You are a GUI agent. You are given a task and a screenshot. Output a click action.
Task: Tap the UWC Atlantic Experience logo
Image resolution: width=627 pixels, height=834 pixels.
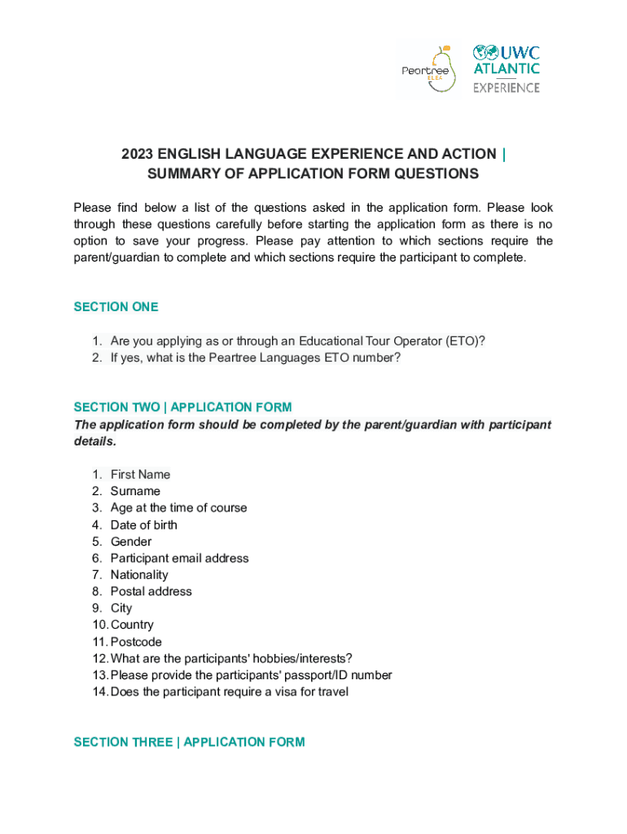coord(506,69)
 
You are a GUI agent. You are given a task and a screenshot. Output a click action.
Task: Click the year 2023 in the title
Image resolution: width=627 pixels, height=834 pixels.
coord(138,154)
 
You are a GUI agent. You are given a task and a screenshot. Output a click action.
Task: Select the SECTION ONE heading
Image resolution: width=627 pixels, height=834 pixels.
coord(116,307)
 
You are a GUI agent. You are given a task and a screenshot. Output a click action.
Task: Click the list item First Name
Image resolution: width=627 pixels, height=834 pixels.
coord(140,474)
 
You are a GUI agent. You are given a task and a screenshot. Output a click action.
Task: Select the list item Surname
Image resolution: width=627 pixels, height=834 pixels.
coord(135,491)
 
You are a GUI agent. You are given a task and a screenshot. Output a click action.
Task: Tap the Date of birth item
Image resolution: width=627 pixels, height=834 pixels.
coord(143,525)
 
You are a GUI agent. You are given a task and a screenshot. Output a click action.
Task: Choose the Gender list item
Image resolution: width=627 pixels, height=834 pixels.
coord(131,542)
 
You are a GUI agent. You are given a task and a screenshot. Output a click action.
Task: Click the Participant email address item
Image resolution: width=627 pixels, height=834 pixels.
coord(179,558)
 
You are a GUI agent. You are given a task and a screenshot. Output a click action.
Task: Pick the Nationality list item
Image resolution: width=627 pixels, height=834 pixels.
coord(139,575)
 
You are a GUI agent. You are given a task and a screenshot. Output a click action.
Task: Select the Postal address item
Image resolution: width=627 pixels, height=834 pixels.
coord(151,591)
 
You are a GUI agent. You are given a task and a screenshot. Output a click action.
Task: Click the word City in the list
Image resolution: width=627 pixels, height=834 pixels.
coord(121,608)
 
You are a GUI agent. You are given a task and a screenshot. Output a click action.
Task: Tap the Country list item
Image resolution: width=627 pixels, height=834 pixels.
coord(132,625)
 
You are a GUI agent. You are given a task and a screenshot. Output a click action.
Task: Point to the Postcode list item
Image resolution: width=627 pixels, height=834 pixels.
coord(136,642)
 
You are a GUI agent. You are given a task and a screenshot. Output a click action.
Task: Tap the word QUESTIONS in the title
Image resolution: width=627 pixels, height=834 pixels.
coord(436,173)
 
